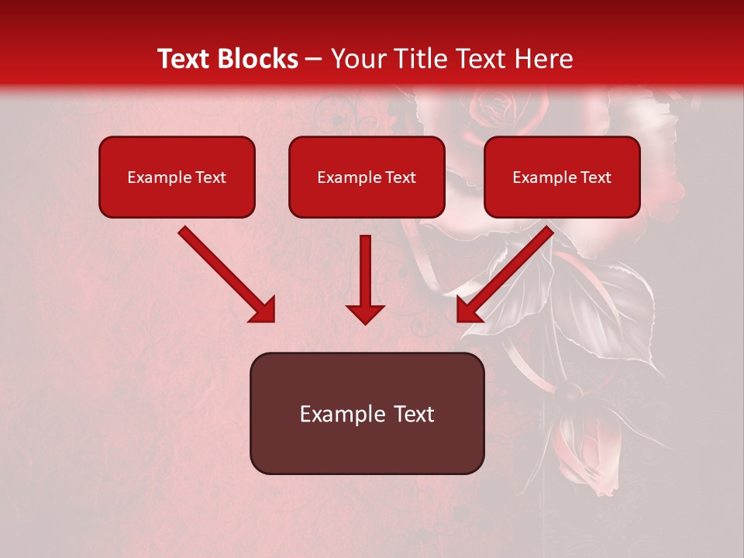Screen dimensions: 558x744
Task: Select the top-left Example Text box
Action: (x=177, y=177)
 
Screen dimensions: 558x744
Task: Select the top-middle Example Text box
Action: (x=367, y=177)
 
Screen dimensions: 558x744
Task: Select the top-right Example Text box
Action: (x=562, y=177)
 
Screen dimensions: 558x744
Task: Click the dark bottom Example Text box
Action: (x=367, y=413)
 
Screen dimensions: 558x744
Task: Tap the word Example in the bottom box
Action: (x=343, y=414)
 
